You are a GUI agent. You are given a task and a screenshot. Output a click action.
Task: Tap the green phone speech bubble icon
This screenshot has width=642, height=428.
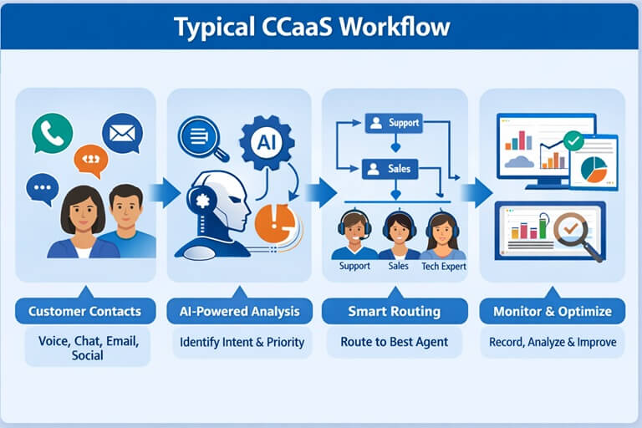coord(52,133)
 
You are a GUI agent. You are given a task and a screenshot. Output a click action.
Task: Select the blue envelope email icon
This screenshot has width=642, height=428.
coord(122,132)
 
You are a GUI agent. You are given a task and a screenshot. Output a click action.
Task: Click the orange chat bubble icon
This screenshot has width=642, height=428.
coord(90,160)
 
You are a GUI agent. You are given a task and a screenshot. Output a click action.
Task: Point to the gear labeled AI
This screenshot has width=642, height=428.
coord(266,143)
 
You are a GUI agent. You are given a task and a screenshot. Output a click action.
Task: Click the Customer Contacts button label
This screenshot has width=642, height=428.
coord(84,312)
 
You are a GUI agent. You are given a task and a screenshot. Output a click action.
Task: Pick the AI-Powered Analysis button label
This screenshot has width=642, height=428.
coord(239,312)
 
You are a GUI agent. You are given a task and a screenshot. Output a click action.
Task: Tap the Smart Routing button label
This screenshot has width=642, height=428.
coord(394,312)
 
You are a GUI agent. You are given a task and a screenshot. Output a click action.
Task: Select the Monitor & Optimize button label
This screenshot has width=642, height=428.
coord(552,312)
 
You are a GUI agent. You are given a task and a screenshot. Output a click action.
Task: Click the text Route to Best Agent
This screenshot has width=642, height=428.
coord(394,341)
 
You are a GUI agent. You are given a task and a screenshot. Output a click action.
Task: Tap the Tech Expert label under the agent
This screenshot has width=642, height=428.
coord(443,267)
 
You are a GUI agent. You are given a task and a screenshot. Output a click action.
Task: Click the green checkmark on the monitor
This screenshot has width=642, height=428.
coord(573,140)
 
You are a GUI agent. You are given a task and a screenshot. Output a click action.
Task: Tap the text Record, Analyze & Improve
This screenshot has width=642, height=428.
coord(553,342)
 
